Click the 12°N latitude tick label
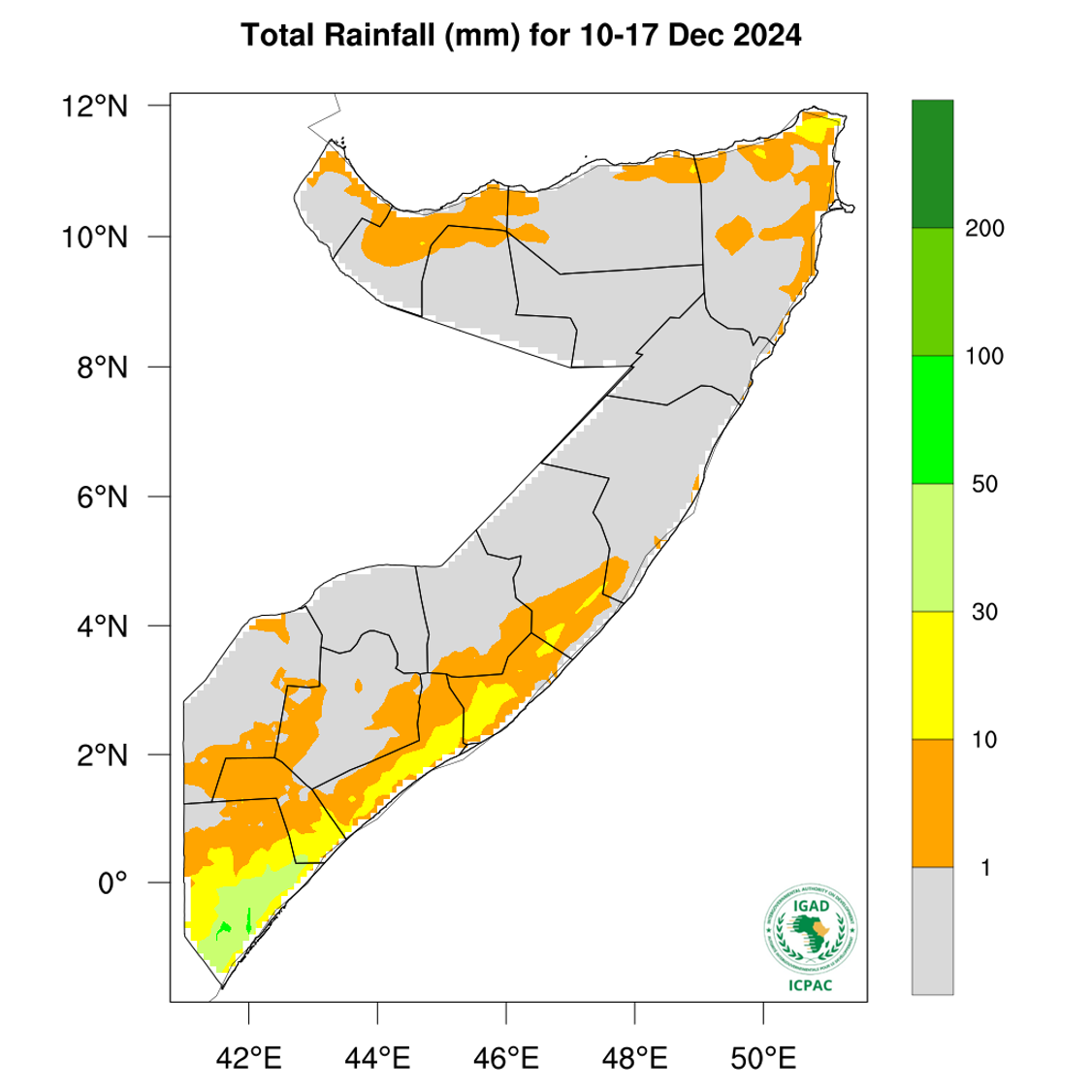coord(103,106)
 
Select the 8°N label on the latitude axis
coord(103,368)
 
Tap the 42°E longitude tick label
coord(249,1056)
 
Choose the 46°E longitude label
coord(506,1056)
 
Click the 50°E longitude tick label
coord(763,1056)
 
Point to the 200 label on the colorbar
coord(984,229)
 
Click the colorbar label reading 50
coord(984,485)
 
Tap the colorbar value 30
coord(984,613)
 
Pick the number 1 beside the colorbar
coord(985,868)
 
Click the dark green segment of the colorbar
coord(932,164)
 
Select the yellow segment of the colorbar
coord(932,675)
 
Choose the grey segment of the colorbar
coord(932,930)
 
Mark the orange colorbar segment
coord(932,802)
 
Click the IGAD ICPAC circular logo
coord(810,932)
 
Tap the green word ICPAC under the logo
coord(810,987)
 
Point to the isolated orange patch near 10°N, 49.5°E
coord(734,234)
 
